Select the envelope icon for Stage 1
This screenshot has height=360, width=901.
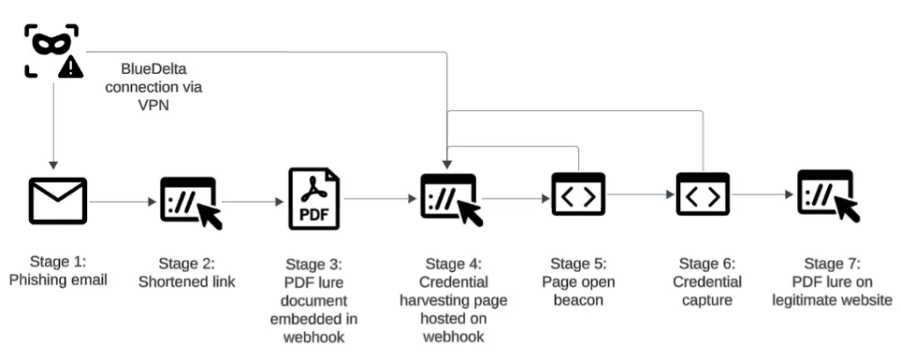(58, 201)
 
